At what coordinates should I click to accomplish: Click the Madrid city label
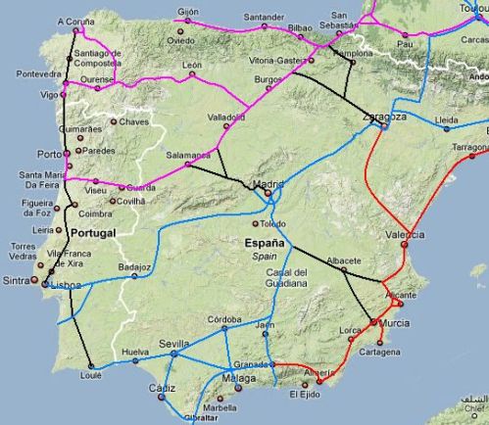pyautogui.click(x=268, y=183)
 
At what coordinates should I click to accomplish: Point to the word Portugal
pyautogui.click(x=93, y=232)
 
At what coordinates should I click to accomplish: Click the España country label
pyautogui.click(x=265, y=243)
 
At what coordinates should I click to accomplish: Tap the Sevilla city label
pyautogui.click(x=173, y=344)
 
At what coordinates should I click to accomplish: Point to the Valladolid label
pyautogui.click(x=227, y=116)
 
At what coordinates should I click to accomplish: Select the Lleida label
pyautogui.click(x=446, y=119)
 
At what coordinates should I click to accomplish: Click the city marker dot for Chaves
pyautogui.click(x=114, y=122)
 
